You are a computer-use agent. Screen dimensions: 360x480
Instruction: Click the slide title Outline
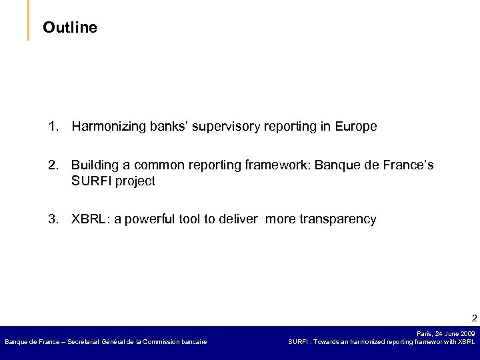tap(69, 27)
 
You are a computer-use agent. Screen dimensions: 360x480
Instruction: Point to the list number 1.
tap(53, 126)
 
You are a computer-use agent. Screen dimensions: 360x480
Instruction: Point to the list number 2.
tap(53, 165)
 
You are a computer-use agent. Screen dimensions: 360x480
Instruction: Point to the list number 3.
tap(53, 219)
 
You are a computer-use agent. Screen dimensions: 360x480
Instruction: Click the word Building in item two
tap(93, 165)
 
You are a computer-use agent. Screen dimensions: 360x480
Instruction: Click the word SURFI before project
tap(91, 181)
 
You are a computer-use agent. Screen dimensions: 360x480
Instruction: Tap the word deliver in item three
tap(241, 219)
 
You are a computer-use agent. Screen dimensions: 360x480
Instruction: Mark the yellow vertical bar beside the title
tap(29, 20)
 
